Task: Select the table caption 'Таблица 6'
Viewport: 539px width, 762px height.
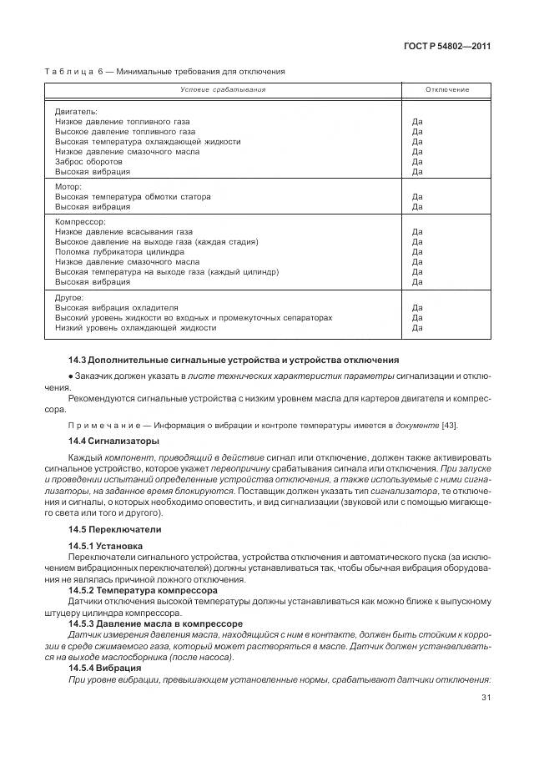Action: point(76,72)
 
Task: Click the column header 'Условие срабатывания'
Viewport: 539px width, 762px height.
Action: point(223,89)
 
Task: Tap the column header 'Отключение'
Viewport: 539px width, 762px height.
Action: point(447,89)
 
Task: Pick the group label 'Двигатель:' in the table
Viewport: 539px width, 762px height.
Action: point(76,111)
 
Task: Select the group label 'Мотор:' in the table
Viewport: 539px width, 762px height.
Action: point(70,187)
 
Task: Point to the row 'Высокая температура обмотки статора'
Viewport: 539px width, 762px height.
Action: point(133,197)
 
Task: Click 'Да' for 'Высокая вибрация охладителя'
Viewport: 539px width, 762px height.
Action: point(417,307)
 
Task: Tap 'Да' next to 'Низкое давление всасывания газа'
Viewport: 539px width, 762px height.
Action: point(417,232)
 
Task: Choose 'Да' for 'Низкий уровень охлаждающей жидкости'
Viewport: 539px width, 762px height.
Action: point(417,327)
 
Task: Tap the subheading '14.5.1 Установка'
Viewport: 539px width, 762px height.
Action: point(108,546)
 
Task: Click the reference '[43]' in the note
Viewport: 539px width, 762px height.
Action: point(449,426)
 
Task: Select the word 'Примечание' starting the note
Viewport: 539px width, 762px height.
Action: point(99,426)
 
